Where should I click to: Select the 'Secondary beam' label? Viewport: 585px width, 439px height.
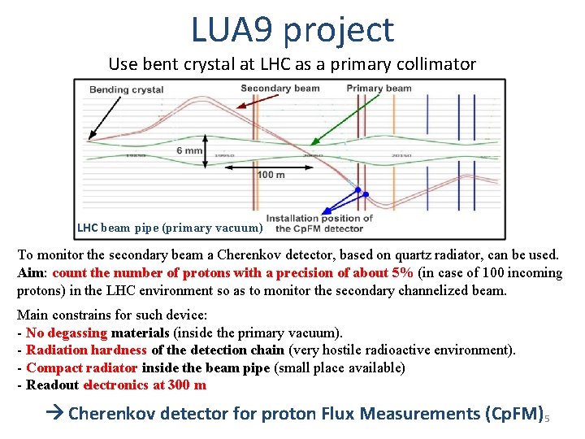[x=280, y=89]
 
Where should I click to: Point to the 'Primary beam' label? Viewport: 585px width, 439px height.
[x=379, y=89]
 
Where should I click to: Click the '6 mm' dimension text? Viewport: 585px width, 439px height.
[x=189, y=151]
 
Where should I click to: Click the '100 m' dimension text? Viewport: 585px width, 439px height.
[x=271, y=176]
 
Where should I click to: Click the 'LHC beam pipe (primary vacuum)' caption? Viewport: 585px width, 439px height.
[x=170, y=228]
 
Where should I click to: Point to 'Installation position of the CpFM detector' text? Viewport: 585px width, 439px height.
[x=319, y=224]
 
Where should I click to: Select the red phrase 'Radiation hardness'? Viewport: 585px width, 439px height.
[x=86, y=350]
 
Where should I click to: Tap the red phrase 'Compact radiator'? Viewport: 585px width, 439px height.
[x=81, y=367]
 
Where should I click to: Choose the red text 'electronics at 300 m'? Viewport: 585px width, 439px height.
[x=145, y=385]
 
